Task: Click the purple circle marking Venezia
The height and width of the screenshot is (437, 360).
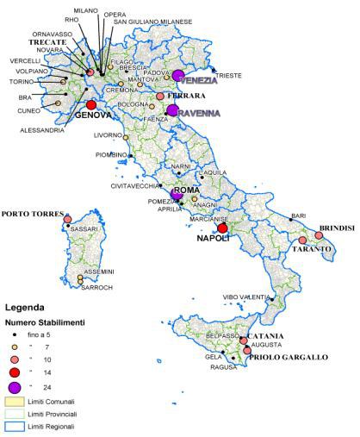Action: click(178, 76)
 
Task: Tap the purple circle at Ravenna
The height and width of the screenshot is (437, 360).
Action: click(173, 110)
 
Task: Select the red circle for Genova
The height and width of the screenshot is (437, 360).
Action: click(90, 104)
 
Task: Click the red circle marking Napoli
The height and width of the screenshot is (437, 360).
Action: click(222, 228)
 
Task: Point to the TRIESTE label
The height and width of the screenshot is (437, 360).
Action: click(229, 75)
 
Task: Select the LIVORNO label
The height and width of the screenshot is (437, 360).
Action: click(108, 135)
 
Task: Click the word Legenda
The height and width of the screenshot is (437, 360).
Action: click(26, 307)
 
